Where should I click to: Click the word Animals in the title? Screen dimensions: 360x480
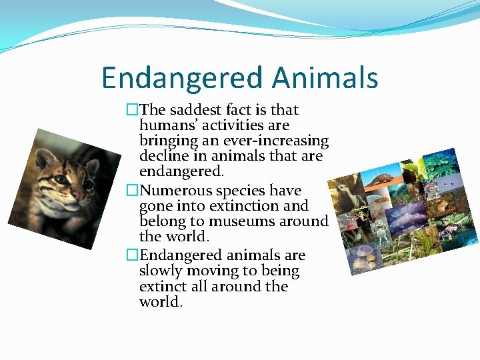pos(325,78)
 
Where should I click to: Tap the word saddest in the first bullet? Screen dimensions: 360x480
pos(197,110)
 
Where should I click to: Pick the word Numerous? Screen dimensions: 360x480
pos(172,191)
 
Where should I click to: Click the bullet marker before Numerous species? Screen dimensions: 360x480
pos(132,191)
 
